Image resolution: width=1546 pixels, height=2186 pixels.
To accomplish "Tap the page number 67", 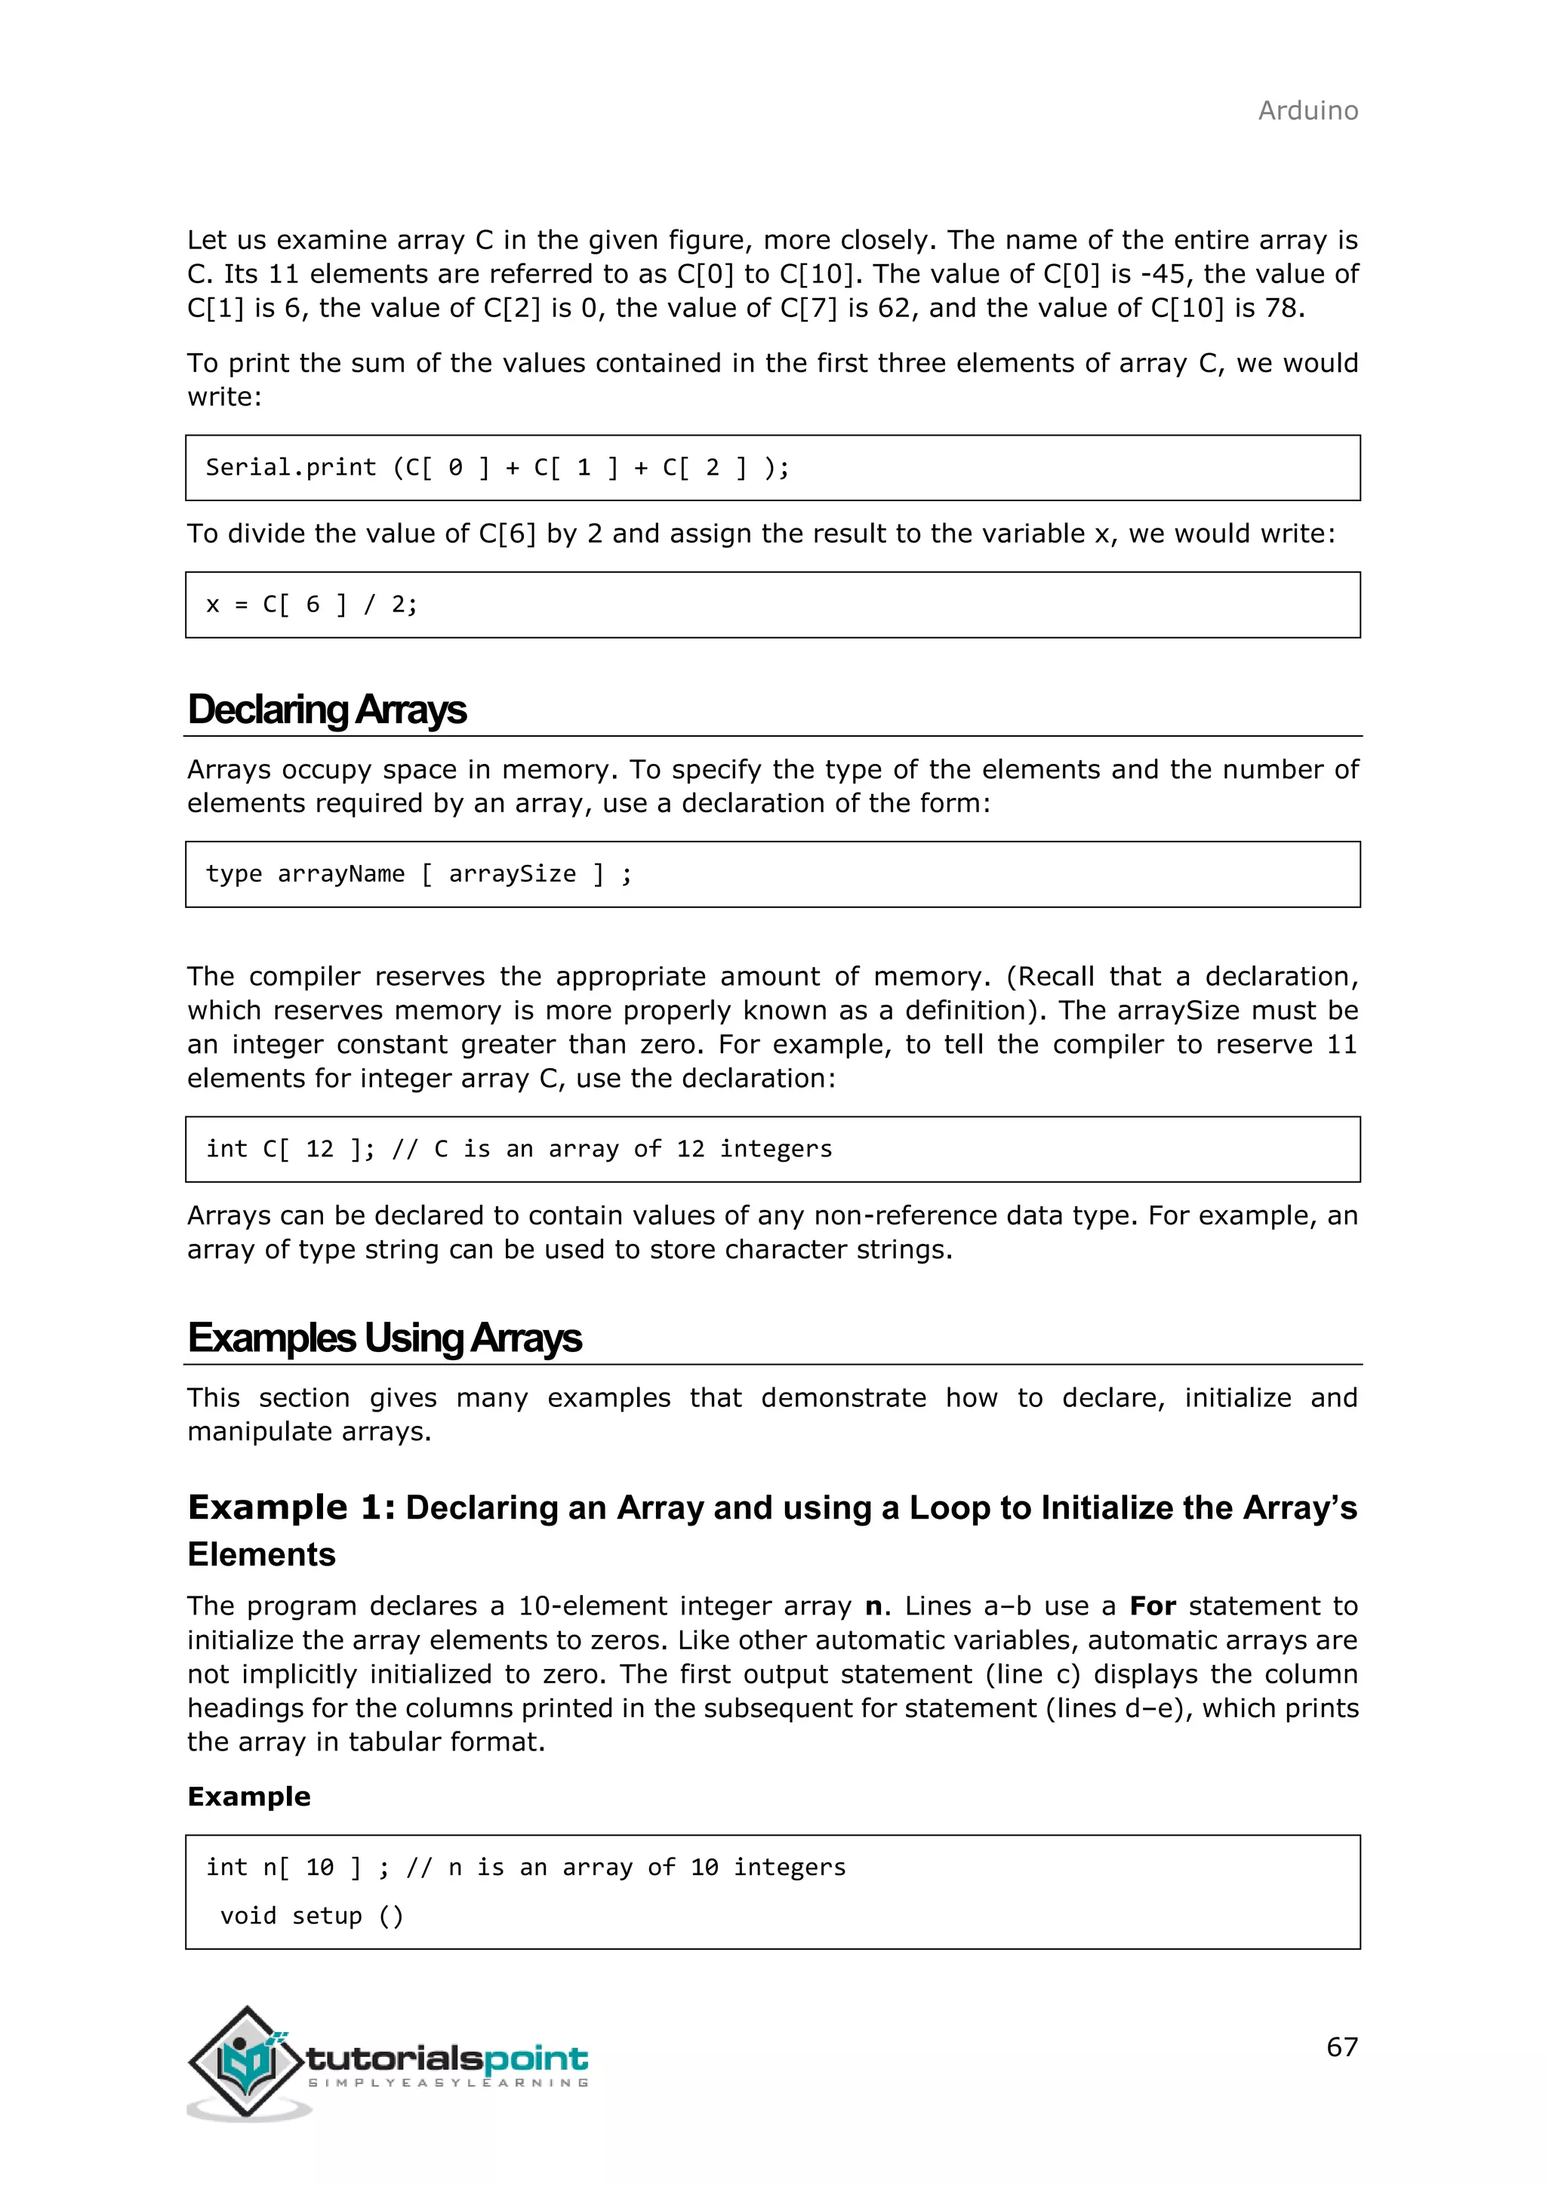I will (x=1341, y=2046).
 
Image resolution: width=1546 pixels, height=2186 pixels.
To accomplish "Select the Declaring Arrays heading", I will (x=327, y=710).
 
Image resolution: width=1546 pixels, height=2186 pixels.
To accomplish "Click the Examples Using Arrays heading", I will (x=383, y=1338).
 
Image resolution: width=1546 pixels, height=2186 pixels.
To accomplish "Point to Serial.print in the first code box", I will (x=291, y=467).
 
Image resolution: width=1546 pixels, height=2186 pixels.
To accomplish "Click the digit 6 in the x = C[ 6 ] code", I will (x=313, y=605).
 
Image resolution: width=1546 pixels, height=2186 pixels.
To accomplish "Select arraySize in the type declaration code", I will (x=512, y=874).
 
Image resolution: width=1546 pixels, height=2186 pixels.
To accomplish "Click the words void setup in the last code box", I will (x=291, y=1916).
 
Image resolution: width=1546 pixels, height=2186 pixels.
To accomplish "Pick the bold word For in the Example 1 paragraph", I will (x=1152, y=1606).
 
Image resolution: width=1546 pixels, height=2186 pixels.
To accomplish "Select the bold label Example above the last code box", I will (x=248, y=1797).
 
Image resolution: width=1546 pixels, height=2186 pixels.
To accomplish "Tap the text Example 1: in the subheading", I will (x=291, y=1508).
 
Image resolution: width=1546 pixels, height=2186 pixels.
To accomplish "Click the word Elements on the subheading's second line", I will (x=261, y=1555).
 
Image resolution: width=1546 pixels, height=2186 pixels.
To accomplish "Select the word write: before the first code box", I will (x=223, y=397).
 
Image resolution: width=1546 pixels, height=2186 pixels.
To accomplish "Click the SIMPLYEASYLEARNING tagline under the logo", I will (x=448, y=2083).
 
